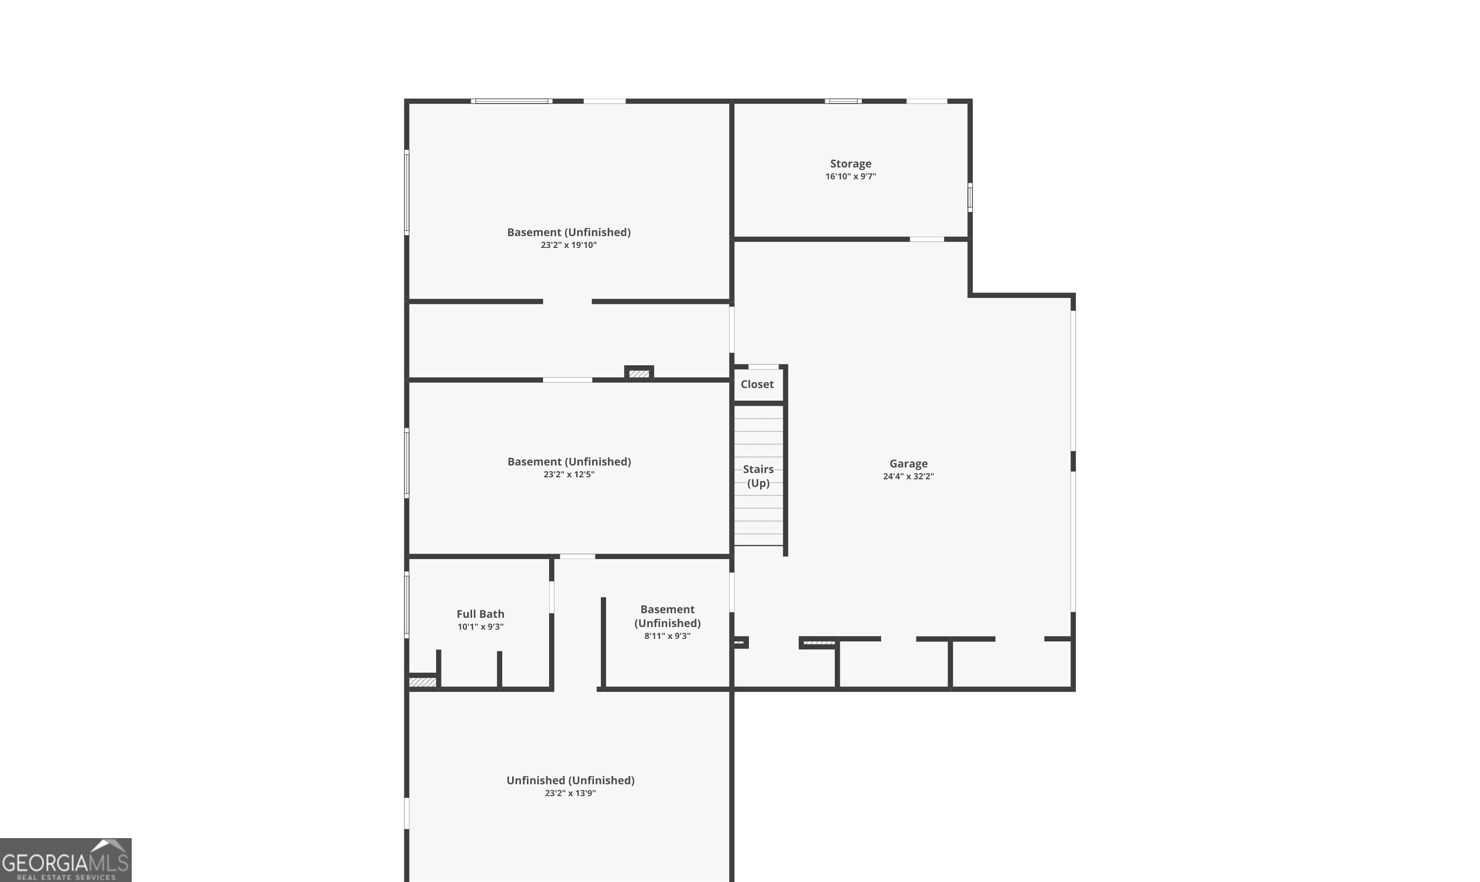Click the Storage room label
[x=851, y=164]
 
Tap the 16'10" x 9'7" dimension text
[x=851, y=176]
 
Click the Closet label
[x=757, y=385]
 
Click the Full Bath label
[x=480, y=614]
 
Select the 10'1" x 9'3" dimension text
[x=480, y=627]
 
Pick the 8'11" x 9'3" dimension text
[x=667, y=636]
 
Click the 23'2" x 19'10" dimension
[x=568, y=245]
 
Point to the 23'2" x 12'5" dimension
[x=568, y=474]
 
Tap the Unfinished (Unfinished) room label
[x=570, y=780]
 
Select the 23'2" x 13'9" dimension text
[x=570, y=793]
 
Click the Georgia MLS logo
[x=66, y=860]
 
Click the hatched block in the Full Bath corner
[x=423, y=682]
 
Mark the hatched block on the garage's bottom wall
[x=819, y=643]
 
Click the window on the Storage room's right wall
[x=970, y=197]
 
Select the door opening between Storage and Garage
[x=926, y=240]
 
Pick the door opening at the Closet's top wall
[x=764, y=367]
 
